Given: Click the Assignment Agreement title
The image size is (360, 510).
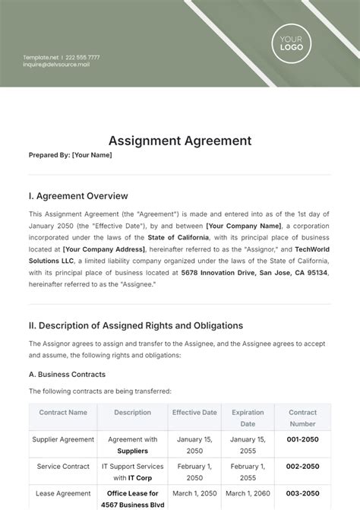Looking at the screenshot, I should pos(180,141).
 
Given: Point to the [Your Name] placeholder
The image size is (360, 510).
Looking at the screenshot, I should pos(92,155).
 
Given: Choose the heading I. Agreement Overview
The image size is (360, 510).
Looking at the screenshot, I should pos(78,196).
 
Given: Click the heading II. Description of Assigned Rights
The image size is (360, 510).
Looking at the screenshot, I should pos(136,325).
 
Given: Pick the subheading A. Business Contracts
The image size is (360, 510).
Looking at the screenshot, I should pos(67,374).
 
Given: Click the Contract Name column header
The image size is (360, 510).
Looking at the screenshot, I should pos(62,413).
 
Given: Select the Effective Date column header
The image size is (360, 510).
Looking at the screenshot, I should pos(194,413).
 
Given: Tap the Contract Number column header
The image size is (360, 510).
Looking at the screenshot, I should pos(302,418).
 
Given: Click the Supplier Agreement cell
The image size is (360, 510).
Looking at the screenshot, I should pos(62,439).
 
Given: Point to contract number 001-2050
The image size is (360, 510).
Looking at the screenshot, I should pos(302,439).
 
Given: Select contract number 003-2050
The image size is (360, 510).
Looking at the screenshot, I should pos(302,493).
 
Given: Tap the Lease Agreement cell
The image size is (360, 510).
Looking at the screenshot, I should pos(62,493).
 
